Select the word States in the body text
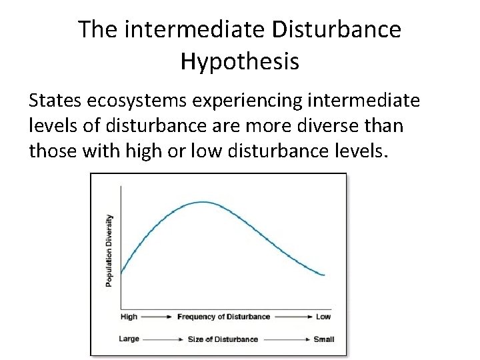click(55, 101)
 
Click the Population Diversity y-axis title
click(109, 250)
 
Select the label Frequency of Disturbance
click(223, 317)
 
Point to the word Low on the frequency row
click(323, 317)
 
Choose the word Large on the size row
click(129, 339)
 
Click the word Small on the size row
click(324, 339)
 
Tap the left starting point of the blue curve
click(121, 273)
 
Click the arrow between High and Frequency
click(157, 317)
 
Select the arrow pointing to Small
click(286, 339)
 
